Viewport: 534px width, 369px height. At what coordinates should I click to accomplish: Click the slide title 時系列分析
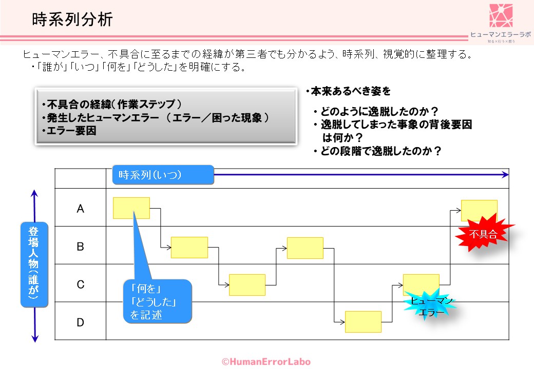[x=72, y=20]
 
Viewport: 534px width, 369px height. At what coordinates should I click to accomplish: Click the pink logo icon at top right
[x=501, y=16]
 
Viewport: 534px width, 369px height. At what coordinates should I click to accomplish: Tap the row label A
[x=80, y=209]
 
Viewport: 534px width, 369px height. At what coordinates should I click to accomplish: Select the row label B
[x=80, y=247]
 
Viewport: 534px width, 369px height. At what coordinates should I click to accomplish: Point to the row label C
[x=80, y=284]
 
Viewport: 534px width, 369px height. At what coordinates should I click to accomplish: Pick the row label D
[x=80, y=322]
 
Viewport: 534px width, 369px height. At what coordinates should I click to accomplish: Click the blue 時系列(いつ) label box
[x=163, y=175]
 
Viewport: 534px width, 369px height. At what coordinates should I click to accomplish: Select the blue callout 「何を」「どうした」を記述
[x=158, y=301]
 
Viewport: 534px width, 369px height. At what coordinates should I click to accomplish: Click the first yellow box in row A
[x=131, y=208]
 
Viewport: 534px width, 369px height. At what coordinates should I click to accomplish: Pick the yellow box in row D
[x=363, y=322]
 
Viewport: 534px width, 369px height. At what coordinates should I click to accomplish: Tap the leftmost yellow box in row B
[x=189, y=248]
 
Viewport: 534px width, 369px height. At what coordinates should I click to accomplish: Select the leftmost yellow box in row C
[x=247, y=285]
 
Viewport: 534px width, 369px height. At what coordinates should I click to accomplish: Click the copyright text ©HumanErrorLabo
[x=266, y=362]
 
